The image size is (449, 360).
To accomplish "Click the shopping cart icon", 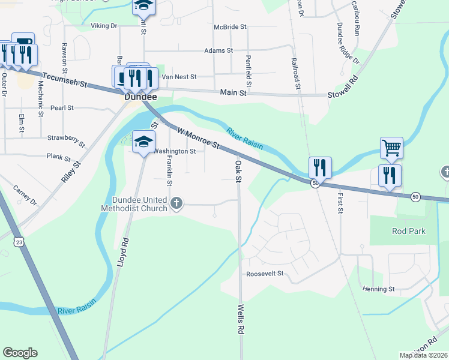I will [391, 147].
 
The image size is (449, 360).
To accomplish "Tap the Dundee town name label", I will [140, 97].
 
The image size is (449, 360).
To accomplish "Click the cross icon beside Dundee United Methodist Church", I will [176, 202].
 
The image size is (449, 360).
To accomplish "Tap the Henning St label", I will [378, 289].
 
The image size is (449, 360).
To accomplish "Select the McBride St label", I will [230, 27].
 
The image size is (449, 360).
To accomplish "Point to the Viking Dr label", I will [104, 26].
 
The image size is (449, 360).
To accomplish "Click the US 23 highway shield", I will [20, 242].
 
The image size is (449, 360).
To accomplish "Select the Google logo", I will [20, 353].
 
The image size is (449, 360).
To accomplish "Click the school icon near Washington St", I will [143, 142].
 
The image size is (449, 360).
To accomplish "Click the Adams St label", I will [218, 51].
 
